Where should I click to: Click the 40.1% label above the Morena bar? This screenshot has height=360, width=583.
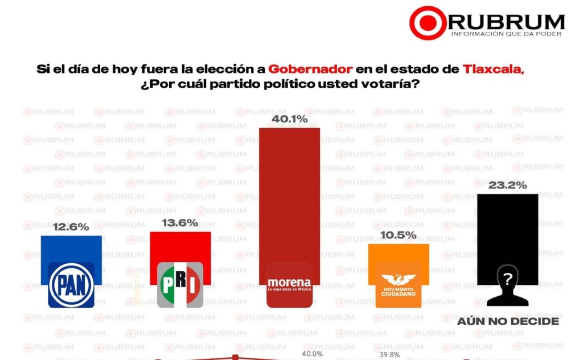289,119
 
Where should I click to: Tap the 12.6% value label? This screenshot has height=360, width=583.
71,227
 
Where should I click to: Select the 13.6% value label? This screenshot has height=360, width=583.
180,223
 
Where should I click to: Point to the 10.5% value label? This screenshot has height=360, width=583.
399,235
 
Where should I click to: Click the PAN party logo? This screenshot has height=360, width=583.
71,285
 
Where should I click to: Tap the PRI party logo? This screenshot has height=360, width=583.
180,285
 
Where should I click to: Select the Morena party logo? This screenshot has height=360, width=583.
289,285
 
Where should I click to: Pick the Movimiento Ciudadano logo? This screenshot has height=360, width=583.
399,285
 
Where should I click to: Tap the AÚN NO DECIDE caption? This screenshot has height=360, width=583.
508,322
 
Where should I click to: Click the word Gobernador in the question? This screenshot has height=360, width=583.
310,69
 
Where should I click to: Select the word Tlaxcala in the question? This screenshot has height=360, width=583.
493,69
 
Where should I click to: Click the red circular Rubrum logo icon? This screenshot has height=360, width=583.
428,23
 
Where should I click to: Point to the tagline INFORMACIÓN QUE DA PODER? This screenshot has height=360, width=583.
506,34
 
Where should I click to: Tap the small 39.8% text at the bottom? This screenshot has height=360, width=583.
389,354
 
